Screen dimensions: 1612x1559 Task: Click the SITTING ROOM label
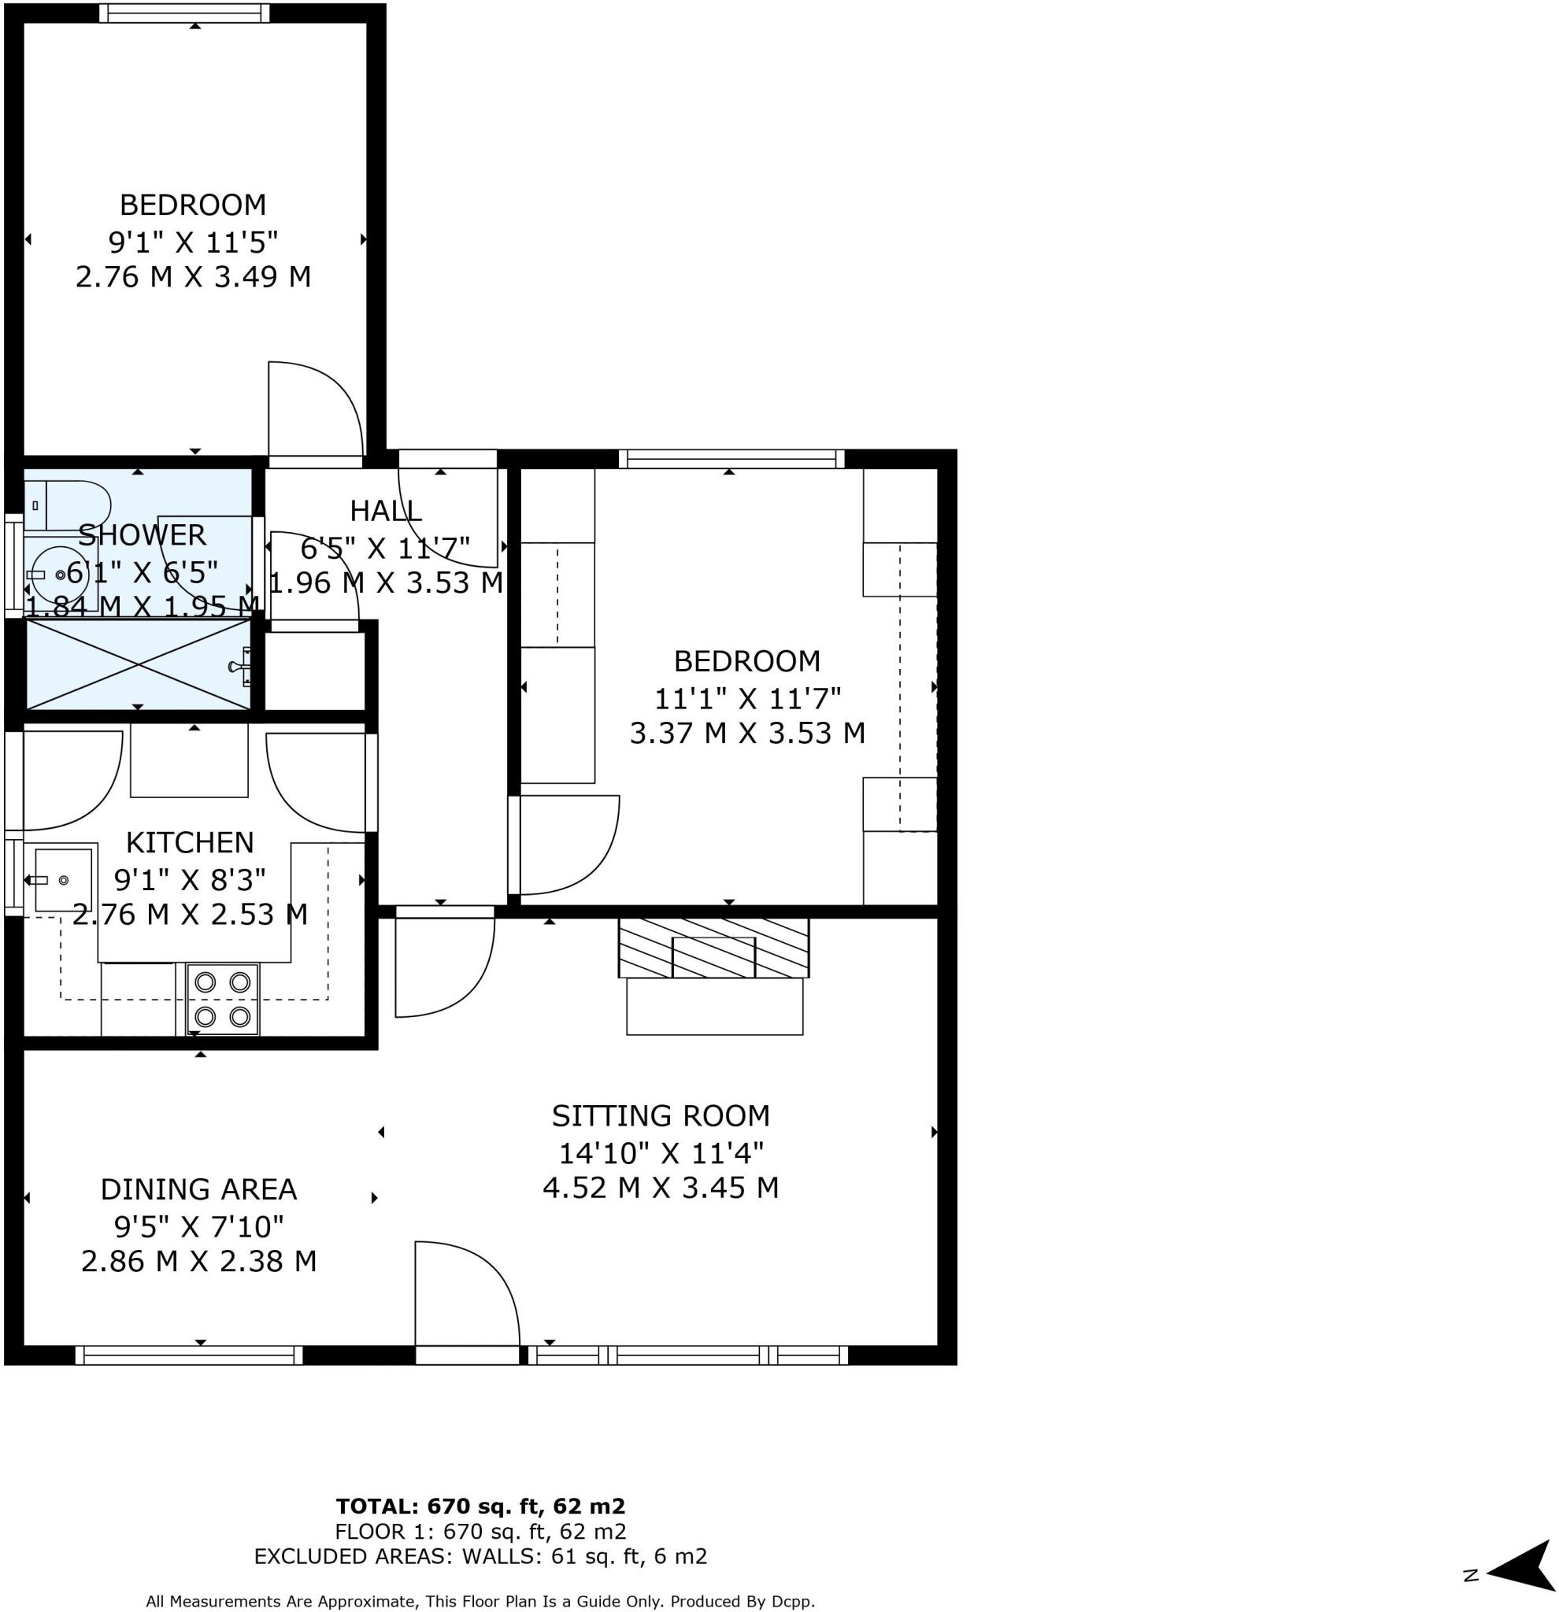click(x=660, y=1115)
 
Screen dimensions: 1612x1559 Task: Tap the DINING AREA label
click(x=198, y=1189)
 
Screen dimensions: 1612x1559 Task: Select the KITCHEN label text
click(x=189, y=842)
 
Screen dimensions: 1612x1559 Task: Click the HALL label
click(x=385, y=511)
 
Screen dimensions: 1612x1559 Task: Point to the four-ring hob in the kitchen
click(x=222, y=1000)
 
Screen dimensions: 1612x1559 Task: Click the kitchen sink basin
click(x=62, y=880)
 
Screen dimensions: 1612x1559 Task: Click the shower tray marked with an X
click(x=139, y=664)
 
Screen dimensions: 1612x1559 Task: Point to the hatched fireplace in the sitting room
click(x=713, y=948)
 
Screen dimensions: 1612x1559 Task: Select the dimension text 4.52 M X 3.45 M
click(x=660, y=1188)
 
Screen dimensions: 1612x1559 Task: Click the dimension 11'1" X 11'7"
click(x=747, y=698)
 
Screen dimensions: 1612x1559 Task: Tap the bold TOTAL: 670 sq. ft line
click(x=480, y=1506)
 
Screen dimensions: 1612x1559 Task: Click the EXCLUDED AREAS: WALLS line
click(x=480, y=1556)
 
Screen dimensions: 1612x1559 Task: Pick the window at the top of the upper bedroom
click(x=184, y=13)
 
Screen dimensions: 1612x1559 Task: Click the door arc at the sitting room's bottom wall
click(x=467, y=1293)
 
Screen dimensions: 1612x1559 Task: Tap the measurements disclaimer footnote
click(x=480, y=1600)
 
